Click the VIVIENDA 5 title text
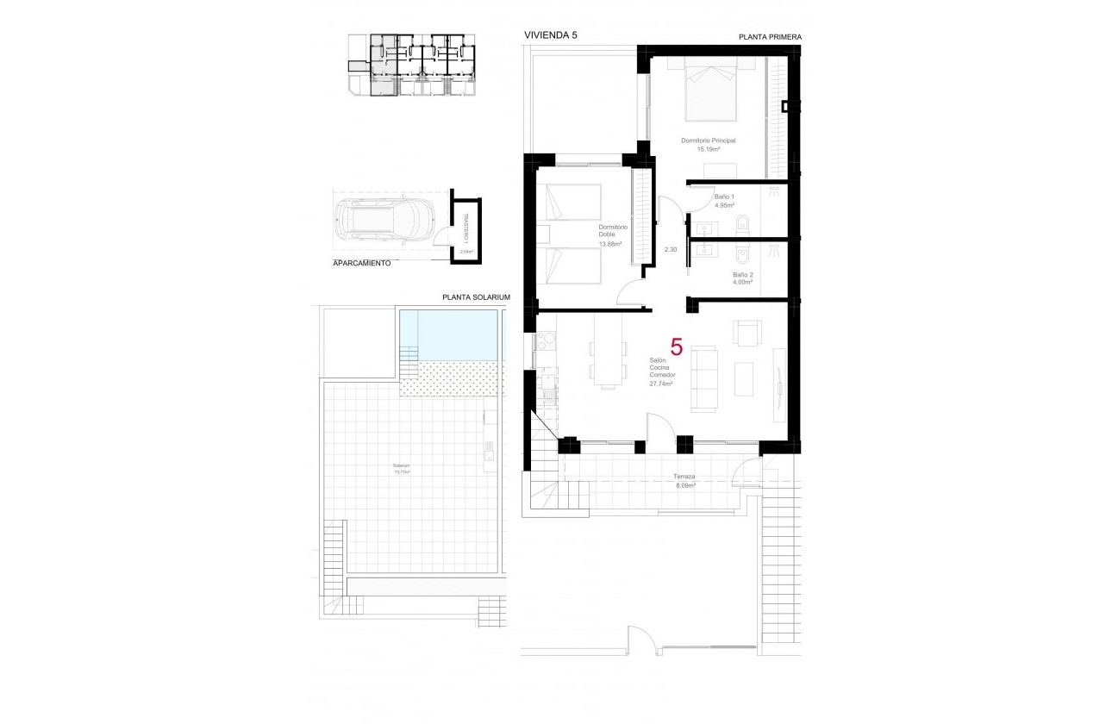click(551, 35)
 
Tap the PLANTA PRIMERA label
click(770, 37)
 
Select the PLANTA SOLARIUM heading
click(476, 296)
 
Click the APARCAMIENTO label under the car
click(361, 262)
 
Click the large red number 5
click(677, 348)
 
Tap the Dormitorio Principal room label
click(708, 140)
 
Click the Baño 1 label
click(724, 197)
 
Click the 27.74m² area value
click(661, 384)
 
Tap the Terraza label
click(685, 476)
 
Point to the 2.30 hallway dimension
click(671, 249)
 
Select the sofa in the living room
click(706, 378)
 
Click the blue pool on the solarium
click(450, 335)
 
